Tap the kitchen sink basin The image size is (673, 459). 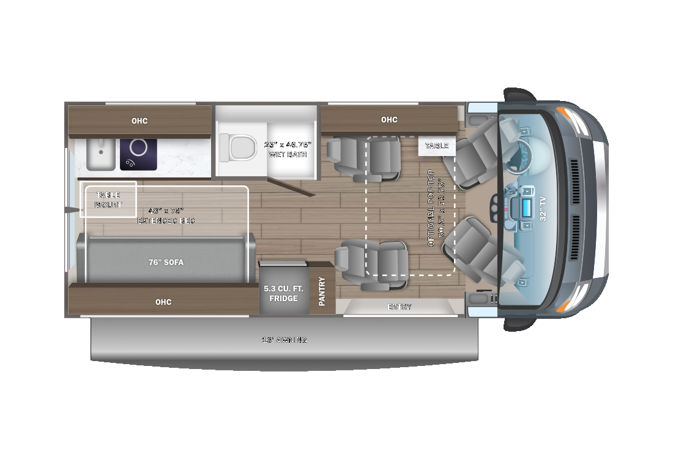(100, 153)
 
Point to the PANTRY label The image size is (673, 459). (322, 292)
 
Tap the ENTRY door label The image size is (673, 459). (399, 307)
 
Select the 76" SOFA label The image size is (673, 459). (165, 262)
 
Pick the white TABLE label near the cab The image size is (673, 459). (437, 146)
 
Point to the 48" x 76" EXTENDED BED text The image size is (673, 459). (166, 215)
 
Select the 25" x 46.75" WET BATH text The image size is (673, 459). (288, 149)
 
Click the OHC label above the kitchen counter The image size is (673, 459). (139, 121)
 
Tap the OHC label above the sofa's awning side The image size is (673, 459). (163, 302)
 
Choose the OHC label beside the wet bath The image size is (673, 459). (389, 119)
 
